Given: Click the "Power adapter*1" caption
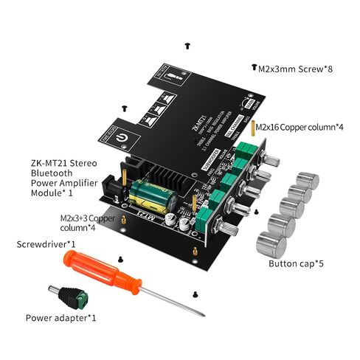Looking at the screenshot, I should pyautogui.click(x=61, y=318).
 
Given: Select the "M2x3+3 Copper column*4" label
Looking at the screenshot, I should pyautogui.click(x=89, y=222).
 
